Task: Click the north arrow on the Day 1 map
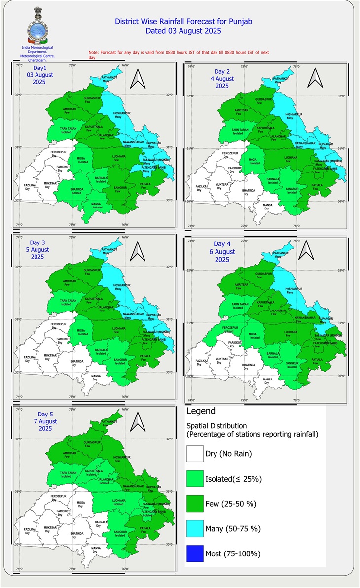coord(138,79)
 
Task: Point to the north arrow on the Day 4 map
coord(307,251)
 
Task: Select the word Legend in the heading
coord(201,411)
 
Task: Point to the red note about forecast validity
coord(178,54)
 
